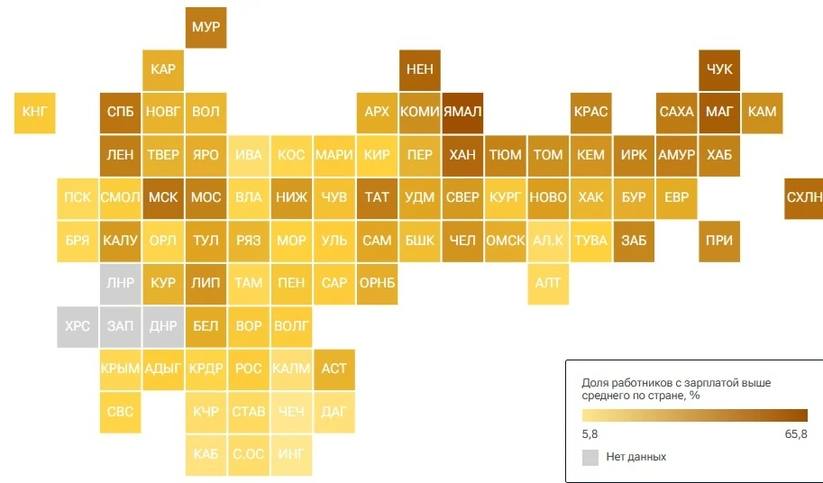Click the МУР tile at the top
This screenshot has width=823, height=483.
(x=206, y=27)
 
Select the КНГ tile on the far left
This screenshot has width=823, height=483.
(x=34, y=113)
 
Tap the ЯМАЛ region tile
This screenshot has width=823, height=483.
(x=462, y=113)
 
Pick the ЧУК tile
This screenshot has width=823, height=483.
(x=719, y=70)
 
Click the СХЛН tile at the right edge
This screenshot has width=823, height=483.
(x=803, y=198)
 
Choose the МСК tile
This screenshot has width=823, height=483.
(x=163, y=198)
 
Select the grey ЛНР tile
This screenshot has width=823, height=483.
(x=120, y=284)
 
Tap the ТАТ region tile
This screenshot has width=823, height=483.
(x=377, y=198)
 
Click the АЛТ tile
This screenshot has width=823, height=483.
(x=548, y=284)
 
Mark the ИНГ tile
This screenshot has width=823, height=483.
(x=291, y=455)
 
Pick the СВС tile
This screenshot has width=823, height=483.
(x=120, y=412)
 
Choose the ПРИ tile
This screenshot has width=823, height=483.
(x=719, y=241)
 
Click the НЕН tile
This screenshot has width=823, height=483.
(x=420, y=70)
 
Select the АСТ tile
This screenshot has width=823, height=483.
(x=334, y=369)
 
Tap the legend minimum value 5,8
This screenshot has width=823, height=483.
(x=590, y=434)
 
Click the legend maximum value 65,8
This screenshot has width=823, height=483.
(x=796, y=434)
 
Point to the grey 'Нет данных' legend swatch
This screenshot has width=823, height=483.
(x=590, y=457)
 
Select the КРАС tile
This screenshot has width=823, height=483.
(x=591, y=113)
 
